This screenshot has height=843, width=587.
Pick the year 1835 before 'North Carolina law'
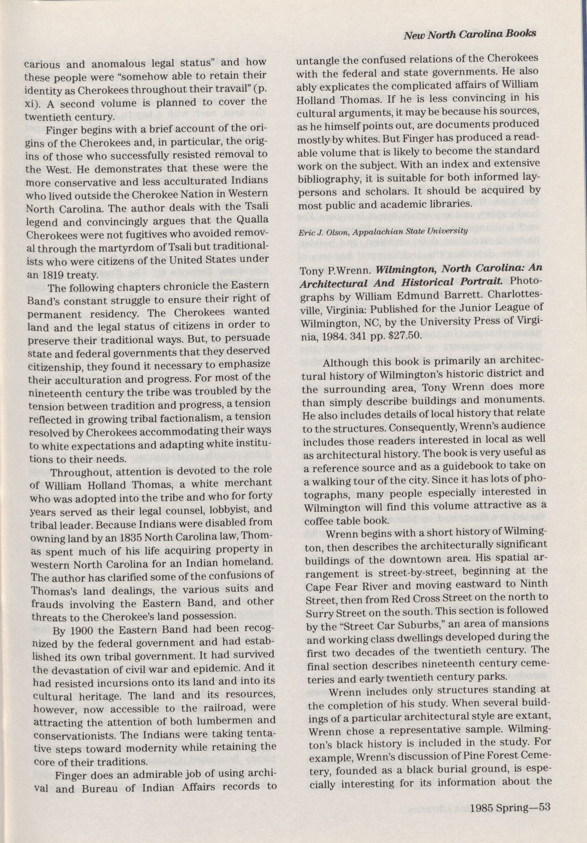[134, 536]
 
